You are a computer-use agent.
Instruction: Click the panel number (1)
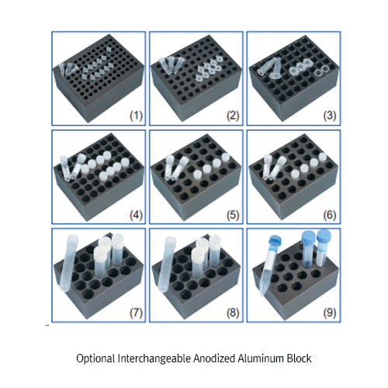(x=136, y=116)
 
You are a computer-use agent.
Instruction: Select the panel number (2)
(x=233, y=116)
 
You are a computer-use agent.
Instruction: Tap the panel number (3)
(x=330, y=116)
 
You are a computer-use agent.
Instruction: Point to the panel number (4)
(x=136, y=215)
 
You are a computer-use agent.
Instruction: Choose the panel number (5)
(x=233, y=215)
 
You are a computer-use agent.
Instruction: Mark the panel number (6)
(x=330, y=215)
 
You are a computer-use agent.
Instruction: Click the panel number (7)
(x=136, y=313)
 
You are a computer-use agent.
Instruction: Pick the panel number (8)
(x=233, y=313)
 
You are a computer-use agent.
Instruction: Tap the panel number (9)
(x=330, y=313)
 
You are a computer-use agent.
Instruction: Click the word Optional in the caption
(x=95, y=359)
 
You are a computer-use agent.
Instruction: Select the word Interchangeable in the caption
(x=154, y=359)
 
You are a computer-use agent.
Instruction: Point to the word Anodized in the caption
(x=214, y=359)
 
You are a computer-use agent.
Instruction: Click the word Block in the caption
(x=299, y=359)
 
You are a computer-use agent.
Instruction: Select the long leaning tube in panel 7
(x=68, y=263)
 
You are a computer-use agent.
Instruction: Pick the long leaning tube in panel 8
(x=166, y=265)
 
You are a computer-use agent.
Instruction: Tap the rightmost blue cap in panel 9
(x=324, y=234)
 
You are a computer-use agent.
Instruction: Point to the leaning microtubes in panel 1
(x=68, y=70)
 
